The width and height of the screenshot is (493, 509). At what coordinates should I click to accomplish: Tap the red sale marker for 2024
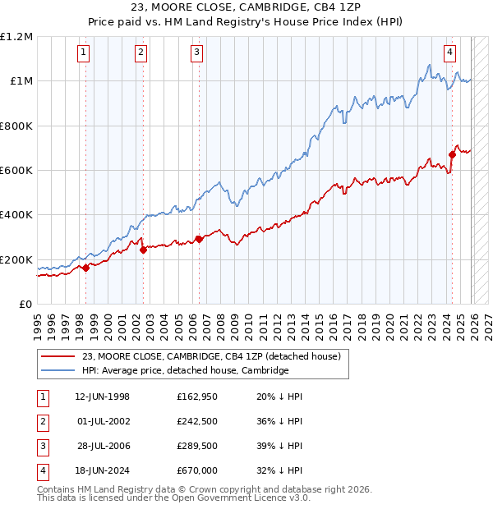[452, 154]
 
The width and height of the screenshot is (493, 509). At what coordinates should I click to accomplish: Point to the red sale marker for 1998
[85, 268]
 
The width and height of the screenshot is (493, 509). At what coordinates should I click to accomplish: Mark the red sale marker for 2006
[199, 240]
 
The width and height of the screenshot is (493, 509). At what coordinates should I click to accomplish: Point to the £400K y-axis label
[16, 215]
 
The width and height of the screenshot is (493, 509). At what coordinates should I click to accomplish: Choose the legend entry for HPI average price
[185, 371]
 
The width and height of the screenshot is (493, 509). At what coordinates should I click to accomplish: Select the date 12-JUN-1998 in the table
[102, 397]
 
